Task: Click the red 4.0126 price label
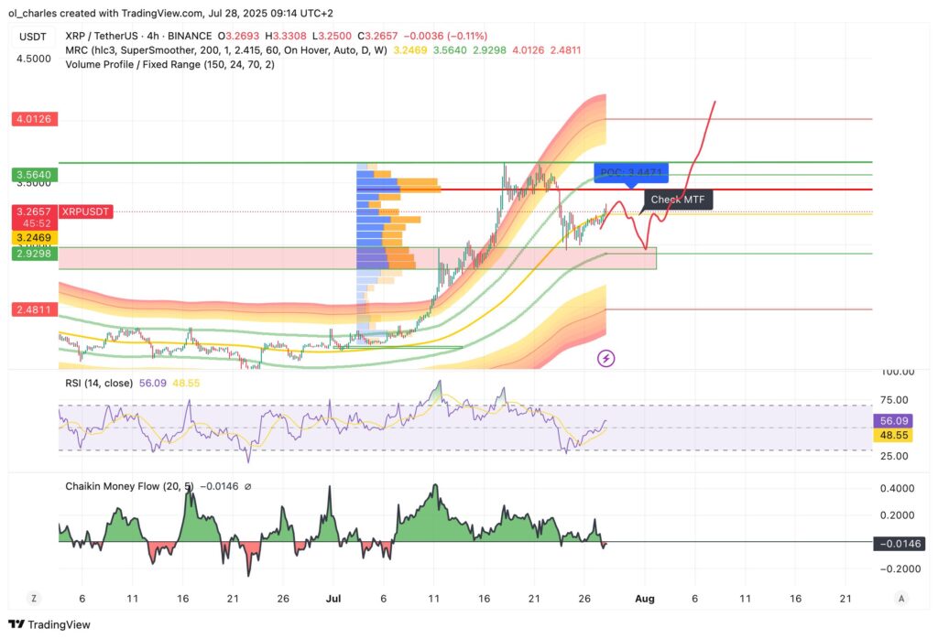coord(34,119)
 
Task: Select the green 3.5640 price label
coord(34,175)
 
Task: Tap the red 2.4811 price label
coord(34,310)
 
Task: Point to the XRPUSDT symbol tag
coord(85,211)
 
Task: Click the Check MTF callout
coord(677,199)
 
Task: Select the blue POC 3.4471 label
coord(630,172)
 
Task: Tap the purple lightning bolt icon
coord(605,358)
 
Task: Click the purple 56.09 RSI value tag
coord(897,421)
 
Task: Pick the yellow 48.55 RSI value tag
coord(897,436)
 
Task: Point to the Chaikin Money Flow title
coord(119,486)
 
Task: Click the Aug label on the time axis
coord(645,598)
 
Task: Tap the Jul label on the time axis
coord(333,598)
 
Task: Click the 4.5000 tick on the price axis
coord(34,59)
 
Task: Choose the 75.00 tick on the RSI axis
coord(895,400)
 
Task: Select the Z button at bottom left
coord(33,598)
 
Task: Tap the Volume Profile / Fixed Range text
coord(157,64)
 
